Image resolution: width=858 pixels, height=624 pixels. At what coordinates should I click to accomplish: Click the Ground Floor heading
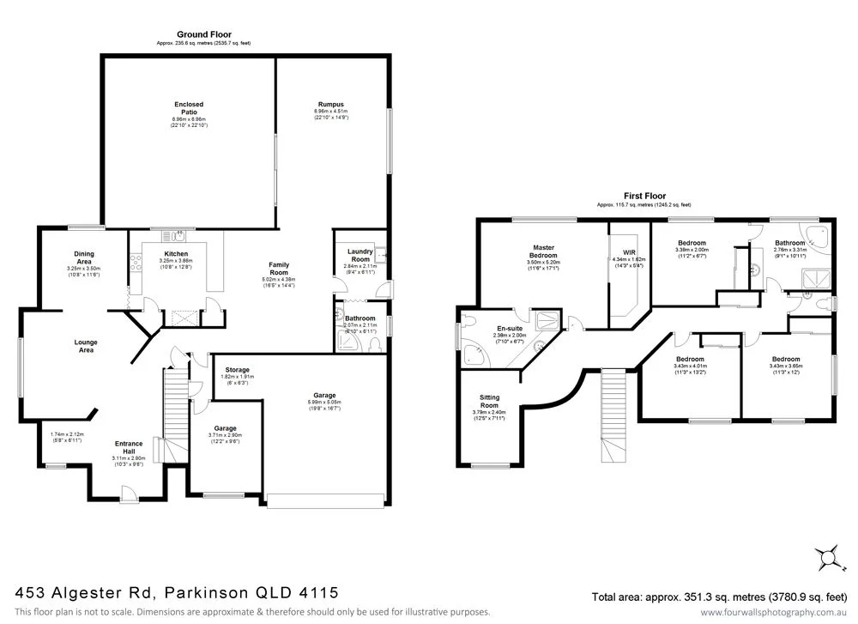204,35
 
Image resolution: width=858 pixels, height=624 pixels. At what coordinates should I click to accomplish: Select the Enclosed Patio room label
189,108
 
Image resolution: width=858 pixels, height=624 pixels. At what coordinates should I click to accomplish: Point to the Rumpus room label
330,105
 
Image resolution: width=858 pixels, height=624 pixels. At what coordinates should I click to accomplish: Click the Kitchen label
176,254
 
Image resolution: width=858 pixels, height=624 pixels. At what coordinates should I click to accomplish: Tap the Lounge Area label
85,346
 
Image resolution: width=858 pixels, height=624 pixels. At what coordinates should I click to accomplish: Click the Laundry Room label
360,255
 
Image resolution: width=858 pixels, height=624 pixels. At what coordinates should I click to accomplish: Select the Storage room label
237,370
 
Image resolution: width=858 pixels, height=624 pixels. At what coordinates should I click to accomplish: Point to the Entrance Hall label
129,447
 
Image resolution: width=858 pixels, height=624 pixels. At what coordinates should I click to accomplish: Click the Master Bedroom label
544,251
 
